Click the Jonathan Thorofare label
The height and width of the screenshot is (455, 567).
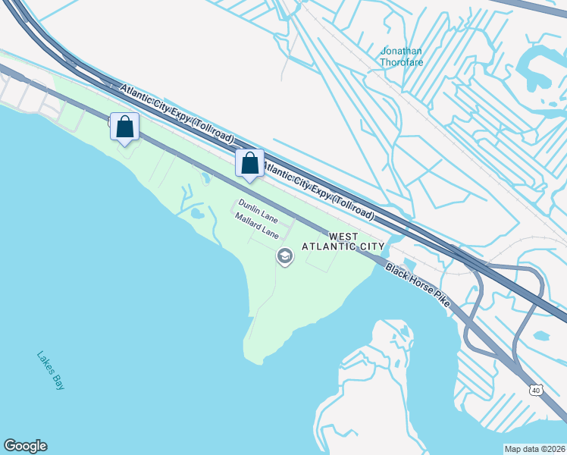coord(401,58)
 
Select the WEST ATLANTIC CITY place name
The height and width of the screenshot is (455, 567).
coord(343,241)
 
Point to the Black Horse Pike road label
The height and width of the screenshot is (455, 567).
coord(418,285)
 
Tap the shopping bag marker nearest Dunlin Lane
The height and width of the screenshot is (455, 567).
coord(249,163)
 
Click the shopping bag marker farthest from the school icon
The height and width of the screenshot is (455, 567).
coord(124,127)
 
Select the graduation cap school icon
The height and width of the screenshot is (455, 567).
coord(285,257)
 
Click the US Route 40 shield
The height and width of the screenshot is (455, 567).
coord(536,390)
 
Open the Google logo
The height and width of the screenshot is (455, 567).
coord(25,446)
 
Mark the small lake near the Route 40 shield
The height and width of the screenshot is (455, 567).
coord(541,335)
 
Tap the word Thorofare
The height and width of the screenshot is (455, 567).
coord(402,63)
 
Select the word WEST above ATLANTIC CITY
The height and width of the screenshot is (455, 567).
coord(344,237)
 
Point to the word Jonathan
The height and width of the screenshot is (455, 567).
coord(401,52)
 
